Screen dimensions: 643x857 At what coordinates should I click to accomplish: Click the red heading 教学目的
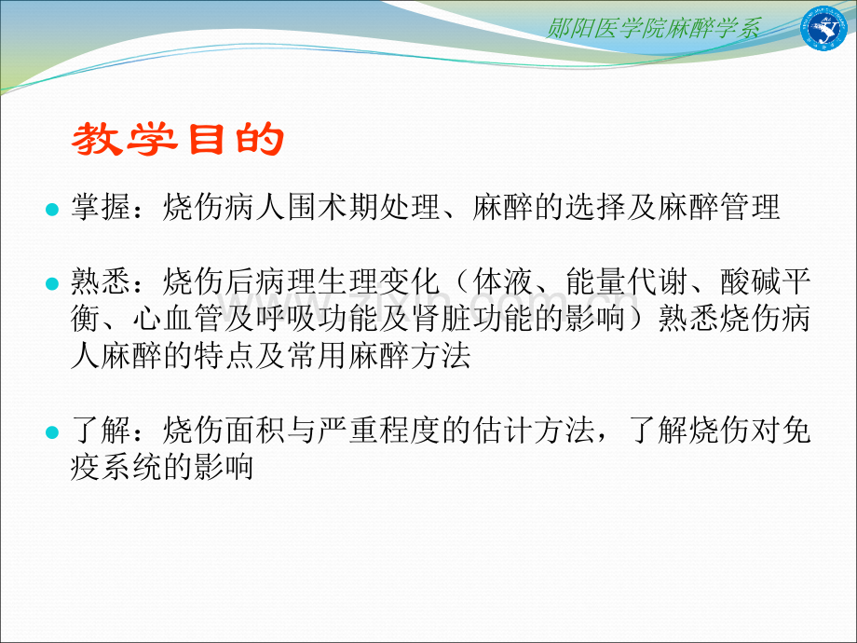point(177,142)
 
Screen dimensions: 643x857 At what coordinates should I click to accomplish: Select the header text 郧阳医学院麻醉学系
point(654,28)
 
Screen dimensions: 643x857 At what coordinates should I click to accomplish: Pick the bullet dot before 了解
point(52,432)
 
